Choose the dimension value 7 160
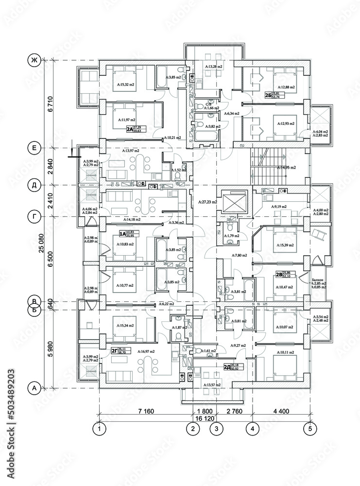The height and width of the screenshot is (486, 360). (x=146, y=411)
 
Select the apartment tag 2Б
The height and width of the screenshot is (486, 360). (x=268, y=95)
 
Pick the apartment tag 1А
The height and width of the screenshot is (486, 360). (x=122, y=234)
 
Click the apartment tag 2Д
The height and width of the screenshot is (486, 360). (x=226, y=367)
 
